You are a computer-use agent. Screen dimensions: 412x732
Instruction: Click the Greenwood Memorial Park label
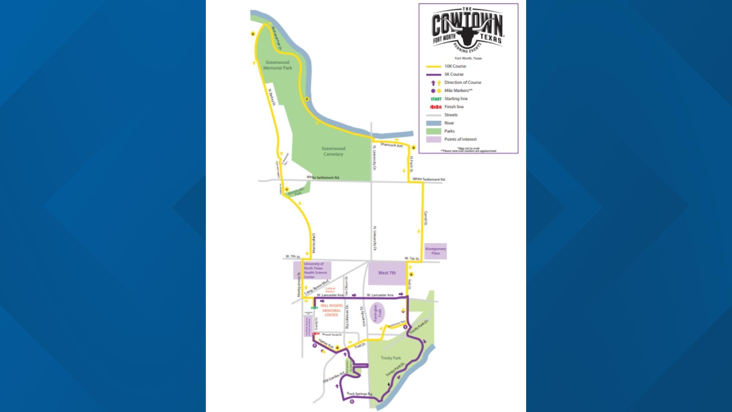[x=278, y=65]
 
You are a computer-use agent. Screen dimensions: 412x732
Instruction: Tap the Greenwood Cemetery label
[x=333, y=151]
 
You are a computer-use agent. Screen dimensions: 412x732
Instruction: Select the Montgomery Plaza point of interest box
[x=435, y=251]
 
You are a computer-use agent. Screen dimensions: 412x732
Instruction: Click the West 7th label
[x=387, y=273]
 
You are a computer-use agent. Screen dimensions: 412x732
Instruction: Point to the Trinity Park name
[x=391, y=358]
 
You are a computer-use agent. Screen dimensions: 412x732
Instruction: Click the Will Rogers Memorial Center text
[x=331, y=310]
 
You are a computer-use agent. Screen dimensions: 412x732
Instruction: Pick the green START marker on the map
[x=315, y=307]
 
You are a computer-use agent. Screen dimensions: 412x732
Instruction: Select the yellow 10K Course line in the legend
[x=433, y=66]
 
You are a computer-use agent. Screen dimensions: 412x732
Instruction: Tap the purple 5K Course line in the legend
[x=433, y=74]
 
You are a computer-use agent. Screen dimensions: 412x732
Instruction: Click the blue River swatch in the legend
[x=433, y=123]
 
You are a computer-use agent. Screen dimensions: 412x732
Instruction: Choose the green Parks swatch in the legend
[x=433, y=131]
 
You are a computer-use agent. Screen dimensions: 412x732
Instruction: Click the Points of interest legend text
[x=460, y=139]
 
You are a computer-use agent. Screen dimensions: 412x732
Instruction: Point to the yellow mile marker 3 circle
[x=306, y=100]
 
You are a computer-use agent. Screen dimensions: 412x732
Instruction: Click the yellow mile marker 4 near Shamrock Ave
[x=413, y=148]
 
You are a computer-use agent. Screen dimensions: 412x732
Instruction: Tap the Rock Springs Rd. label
[x=359, y=394]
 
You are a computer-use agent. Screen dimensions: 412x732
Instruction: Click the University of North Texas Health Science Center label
[x=315, y=270]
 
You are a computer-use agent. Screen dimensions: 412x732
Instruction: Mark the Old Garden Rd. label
[x=334, y=377]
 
